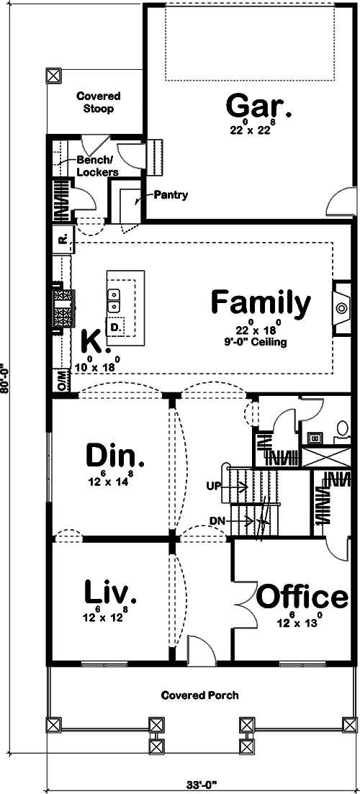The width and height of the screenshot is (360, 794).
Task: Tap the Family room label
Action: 261,302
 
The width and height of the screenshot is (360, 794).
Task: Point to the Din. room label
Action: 115,456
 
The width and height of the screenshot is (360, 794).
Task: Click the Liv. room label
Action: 110,592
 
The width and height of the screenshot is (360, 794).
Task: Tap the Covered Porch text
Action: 199,695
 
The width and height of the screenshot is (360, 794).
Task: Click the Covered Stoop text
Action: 99,102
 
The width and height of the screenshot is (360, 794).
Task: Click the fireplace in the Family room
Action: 341,309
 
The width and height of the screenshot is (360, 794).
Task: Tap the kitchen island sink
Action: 114,300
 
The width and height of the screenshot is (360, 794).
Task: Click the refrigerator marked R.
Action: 62,240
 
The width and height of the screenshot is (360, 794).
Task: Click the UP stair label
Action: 214,487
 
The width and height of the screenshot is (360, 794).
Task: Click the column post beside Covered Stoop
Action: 53,75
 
